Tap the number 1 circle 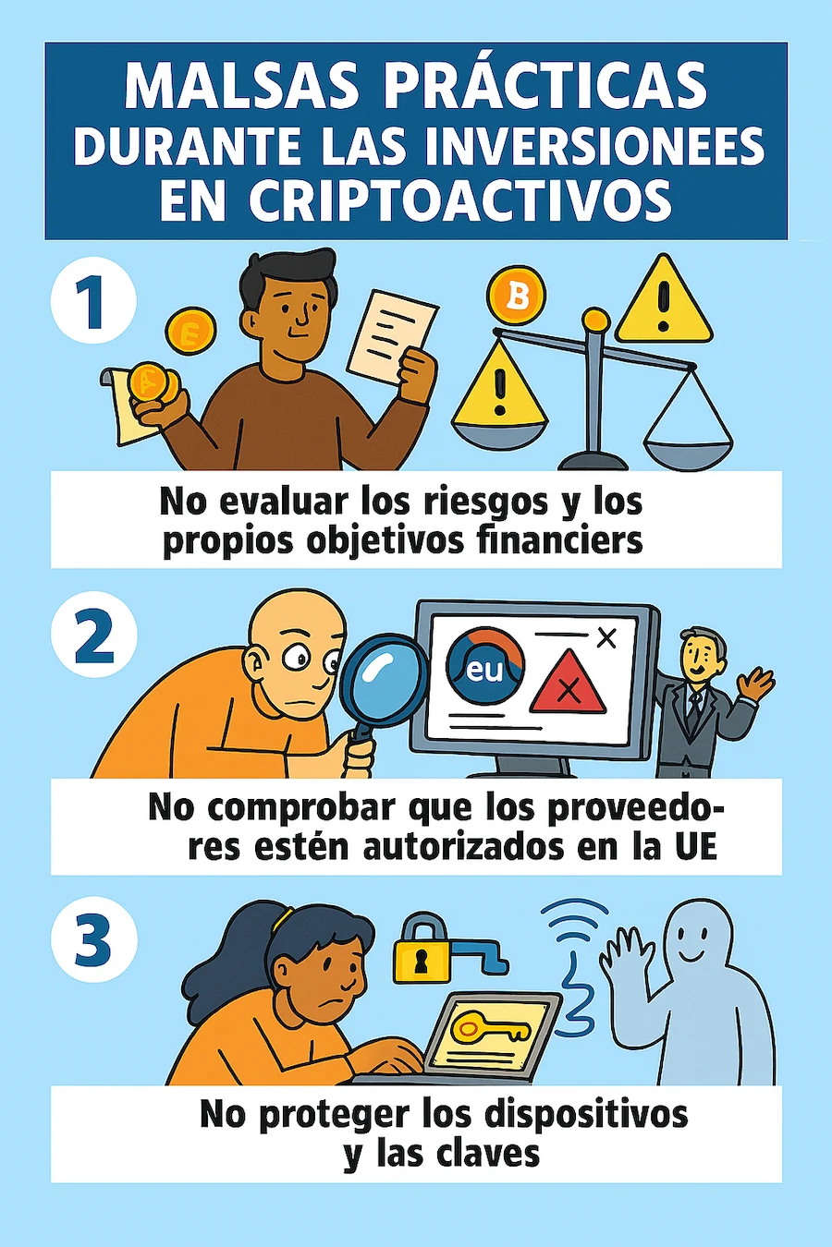pos(93,300)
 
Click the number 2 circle pos(93,635)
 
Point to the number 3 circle pos(93,939)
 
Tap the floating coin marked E pos(191,332)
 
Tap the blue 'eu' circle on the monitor pos(485,666)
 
